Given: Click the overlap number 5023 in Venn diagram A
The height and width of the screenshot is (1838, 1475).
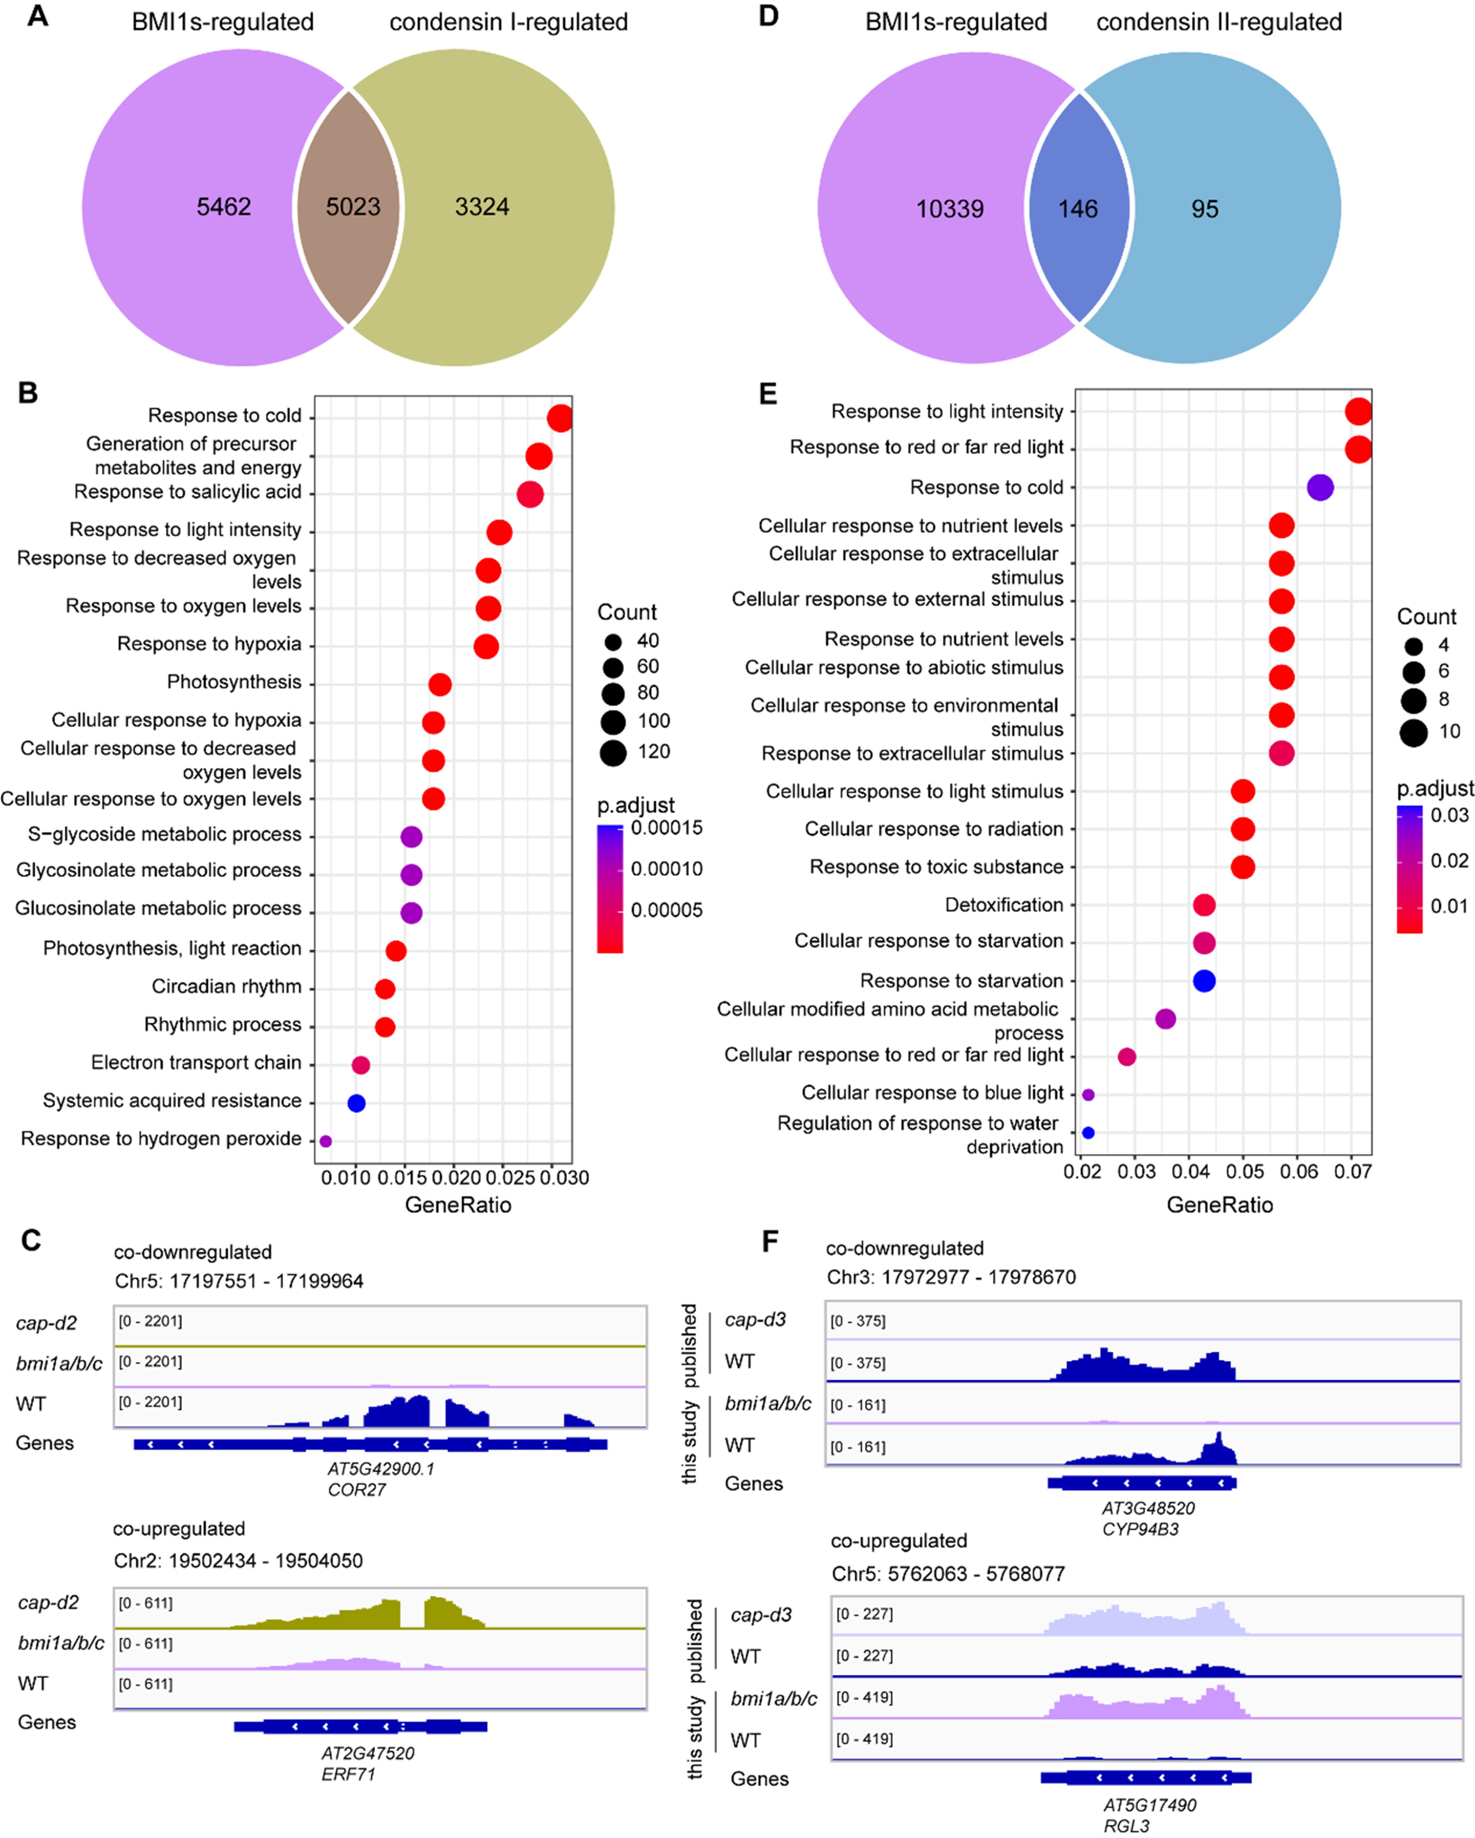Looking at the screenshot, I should pos(352,207).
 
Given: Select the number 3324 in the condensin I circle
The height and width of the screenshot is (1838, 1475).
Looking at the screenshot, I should pos(482,207).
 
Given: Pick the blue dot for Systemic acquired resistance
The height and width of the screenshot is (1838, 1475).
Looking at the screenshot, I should pos(356,1103).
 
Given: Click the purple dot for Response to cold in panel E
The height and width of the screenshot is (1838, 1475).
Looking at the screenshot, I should pos(1320,488).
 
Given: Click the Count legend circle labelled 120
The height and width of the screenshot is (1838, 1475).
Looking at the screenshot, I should pos(613,752).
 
